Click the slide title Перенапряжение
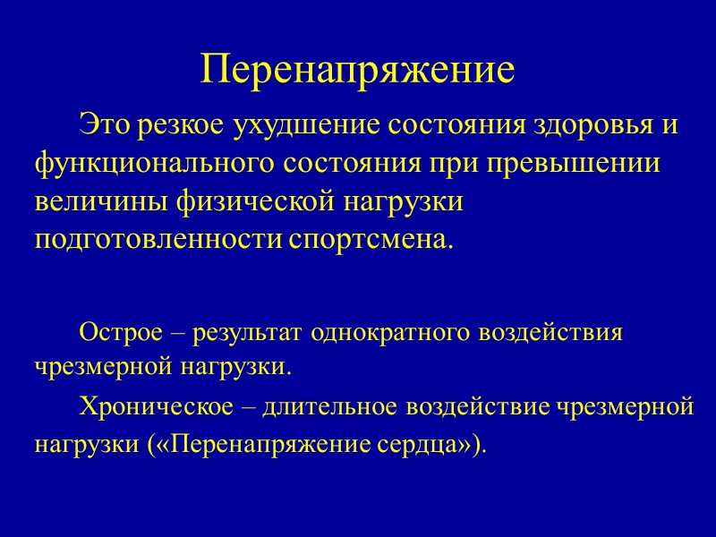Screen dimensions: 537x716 pyautogui.click(x=358, y=70)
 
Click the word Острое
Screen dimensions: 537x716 pyautogui.click(x=115, y=333)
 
